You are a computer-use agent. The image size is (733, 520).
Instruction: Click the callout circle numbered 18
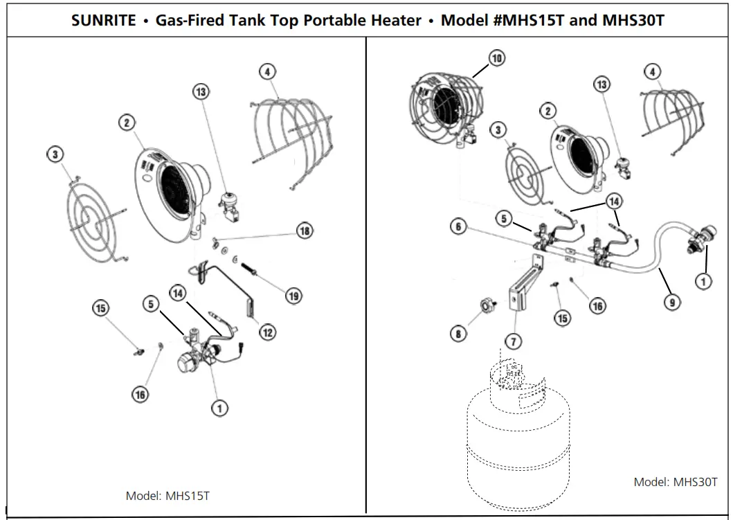point(305,231)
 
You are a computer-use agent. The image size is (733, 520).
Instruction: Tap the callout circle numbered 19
point(293,296)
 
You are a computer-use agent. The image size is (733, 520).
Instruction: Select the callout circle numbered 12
point(267,332)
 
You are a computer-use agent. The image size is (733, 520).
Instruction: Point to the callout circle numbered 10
point(497,58)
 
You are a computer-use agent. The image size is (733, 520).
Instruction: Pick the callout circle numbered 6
point(458,226)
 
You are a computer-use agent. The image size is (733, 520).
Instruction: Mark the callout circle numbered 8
point(458,334)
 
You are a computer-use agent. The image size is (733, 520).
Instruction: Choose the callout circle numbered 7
point(513,341)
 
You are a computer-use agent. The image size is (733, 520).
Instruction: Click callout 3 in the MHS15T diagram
point(55,154)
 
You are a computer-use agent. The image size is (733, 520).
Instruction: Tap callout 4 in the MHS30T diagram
point(651,71)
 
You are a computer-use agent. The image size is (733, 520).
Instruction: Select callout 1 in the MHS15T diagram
point(219,409)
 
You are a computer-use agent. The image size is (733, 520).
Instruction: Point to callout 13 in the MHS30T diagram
point(602,84)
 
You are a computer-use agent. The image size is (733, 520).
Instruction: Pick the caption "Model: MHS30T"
point(676,482)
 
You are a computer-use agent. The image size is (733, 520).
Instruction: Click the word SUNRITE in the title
point(103,20)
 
